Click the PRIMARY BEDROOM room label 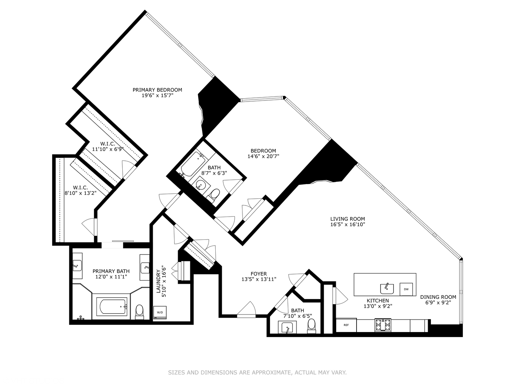[157, 90]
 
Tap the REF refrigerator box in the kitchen [346, 325]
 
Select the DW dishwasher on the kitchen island [406, 289]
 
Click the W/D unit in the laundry [160, 312]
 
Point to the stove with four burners [383, 325]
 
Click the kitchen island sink [387, 288]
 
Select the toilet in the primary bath [139, 312]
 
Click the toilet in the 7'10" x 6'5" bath [312, 326]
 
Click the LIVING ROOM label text [348, 219]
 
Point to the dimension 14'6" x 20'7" [263, 156]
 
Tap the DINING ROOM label [438, 297]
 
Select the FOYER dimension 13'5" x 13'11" [259, 279]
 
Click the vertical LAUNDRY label [158, 281]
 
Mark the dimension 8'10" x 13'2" [80, 193]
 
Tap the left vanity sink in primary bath [77, 266]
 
